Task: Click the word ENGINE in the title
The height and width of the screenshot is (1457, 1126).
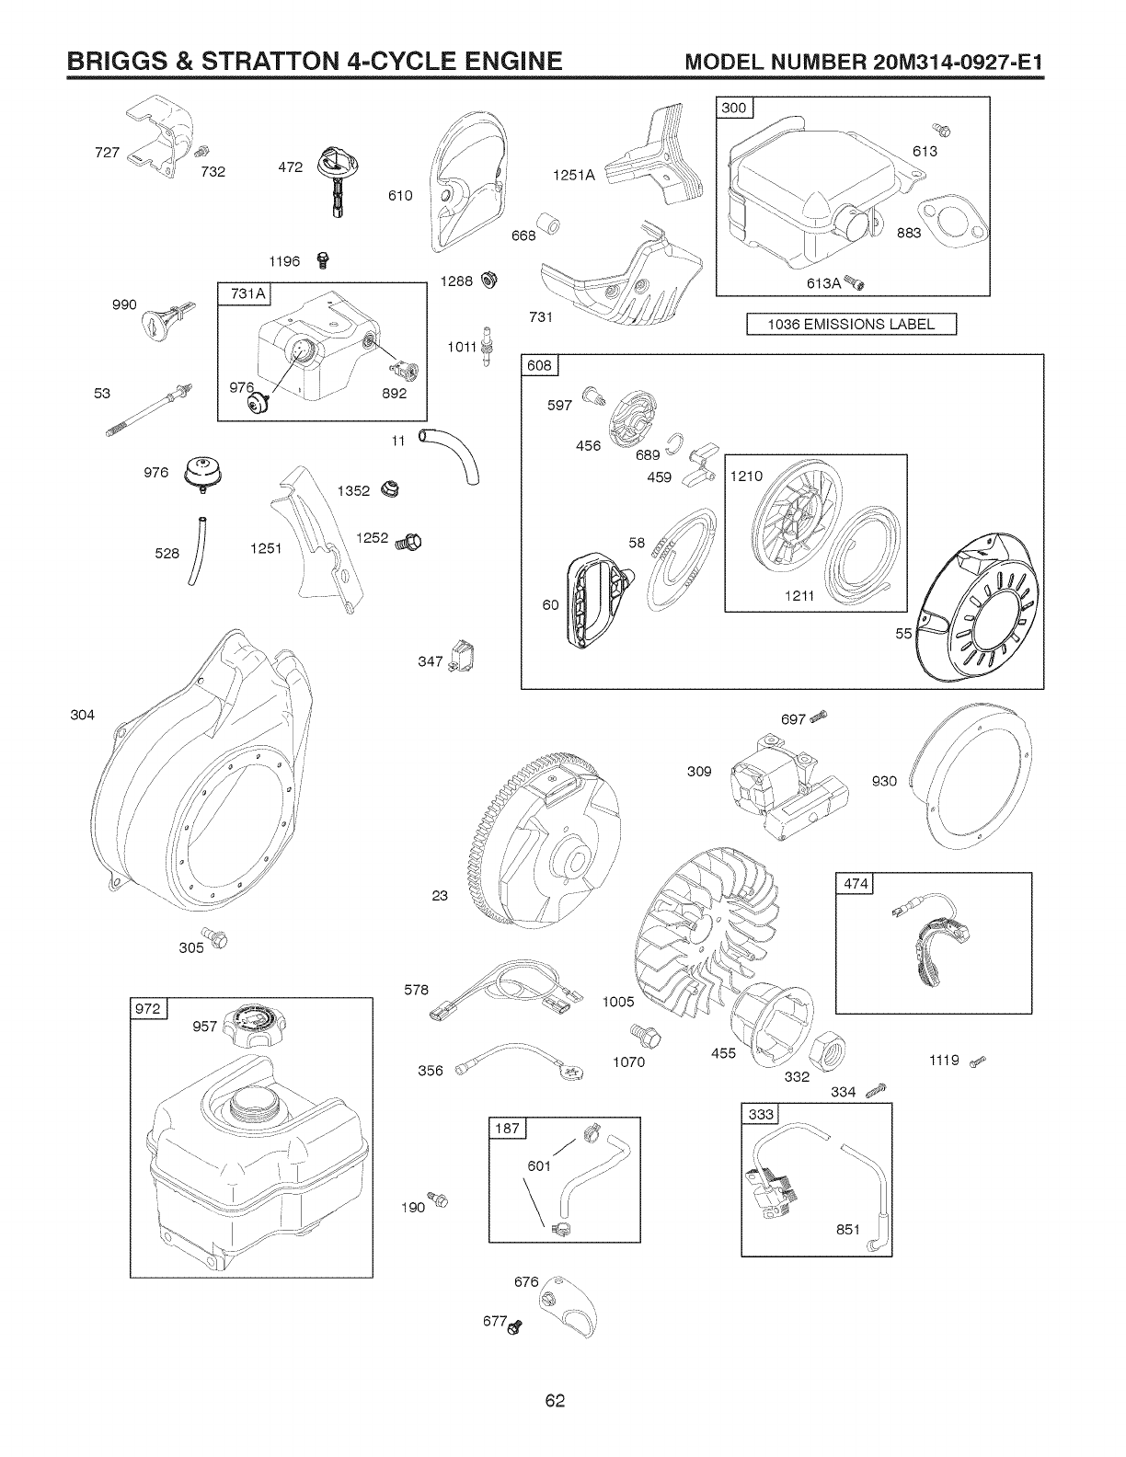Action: [497, 63]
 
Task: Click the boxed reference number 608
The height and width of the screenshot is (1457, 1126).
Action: [539, 366]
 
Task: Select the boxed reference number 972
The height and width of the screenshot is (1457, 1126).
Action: [148, 1009]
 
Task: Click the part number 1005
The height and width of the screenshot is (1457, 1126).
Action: [620, 1002]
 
